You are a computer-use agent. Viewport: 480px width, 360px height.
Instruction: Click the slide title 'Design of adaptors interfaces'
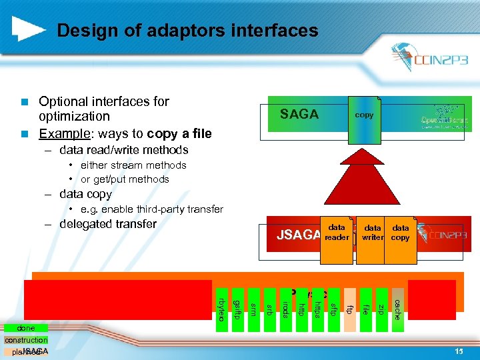pyautogui.click(x=187, y=31)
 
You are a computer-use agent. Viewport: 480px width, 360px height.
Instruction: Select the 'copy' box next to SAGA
pyautogui.click(x=364, y=115)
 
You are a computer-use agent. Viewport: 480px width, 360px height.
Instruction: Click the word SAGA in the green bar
pyautogui.click(x=299, y=115)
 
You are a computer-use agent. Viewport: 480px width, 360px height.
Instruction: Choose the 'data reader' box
pyautogui.click(x=337, y=233)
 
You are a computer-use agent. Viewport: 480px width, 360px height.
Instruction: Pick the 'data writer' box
pyautogui.click(x=373, y=233)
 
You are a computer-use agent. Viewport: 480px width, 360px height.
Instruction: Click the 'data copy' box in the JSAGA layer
pyautogui.click(x=401, y=233)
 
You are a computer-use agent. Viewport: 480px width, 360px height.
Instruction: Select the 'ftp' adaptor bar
pyautogui.click(x=349, y=303)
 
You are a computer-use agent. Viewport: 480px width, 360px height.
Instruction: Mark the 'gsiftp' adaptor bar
pyautogui.click(x=237, y=304)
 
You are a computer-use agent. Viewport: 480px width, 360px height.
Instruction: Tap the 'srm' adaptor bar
pyautogui.click(x=253, y=303)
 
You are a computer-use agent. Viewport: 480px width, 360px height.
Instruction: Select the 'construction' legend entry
pyautogui.click(x=26, y=340)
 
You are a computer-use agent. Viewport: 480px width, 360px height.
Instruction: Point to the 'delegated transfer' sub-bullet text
pyautogui.click(x=108, y=224)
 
